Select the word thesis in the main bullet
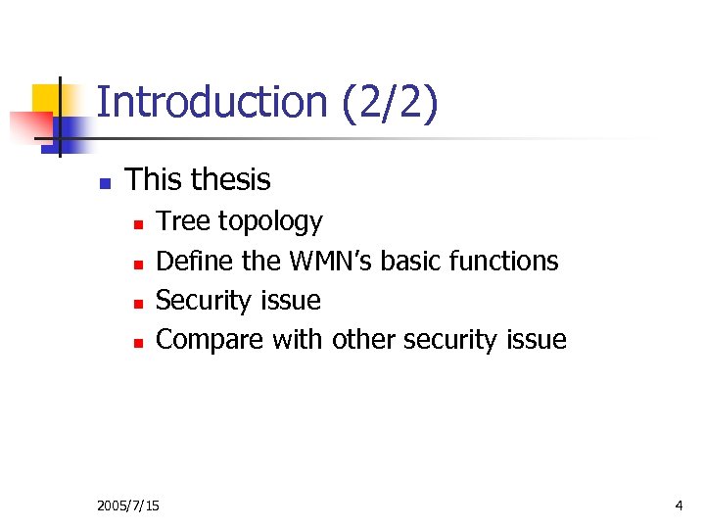(231, 180)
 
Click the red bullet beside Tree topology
(138, 224)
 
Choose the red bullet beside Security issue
(138, 303)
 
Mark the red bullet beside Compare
(138, 342)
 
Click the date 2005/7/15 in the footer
(128, 505)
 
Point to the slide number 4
(679, 505)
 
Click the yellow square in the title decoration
(46, 98)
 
